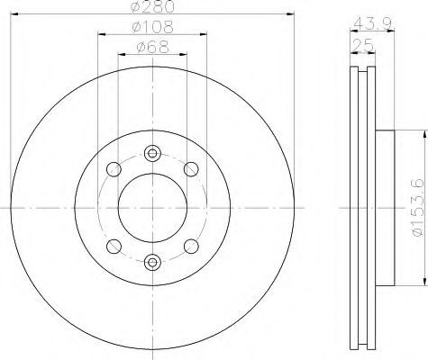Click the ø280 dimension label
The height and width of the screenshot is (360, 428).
[152, 6]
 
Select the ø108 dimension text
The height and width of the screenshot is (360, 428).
[152, 27]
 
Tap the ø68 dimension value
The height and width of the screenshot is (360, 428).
[152, 47]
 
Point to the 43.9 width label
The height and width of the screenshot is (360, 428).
[372, 23]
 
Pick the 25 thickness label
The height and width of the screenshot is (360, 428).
[363, 45]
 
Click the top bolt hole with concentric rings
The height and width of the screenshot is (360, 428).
[152, 154]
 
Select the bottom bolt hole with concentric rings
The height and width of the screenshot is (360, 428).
[152, 262]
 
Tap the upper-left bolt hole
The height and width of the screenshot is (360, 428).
[114, 169]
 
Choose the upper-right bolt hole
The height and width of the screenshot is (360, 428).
[191, 169]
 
